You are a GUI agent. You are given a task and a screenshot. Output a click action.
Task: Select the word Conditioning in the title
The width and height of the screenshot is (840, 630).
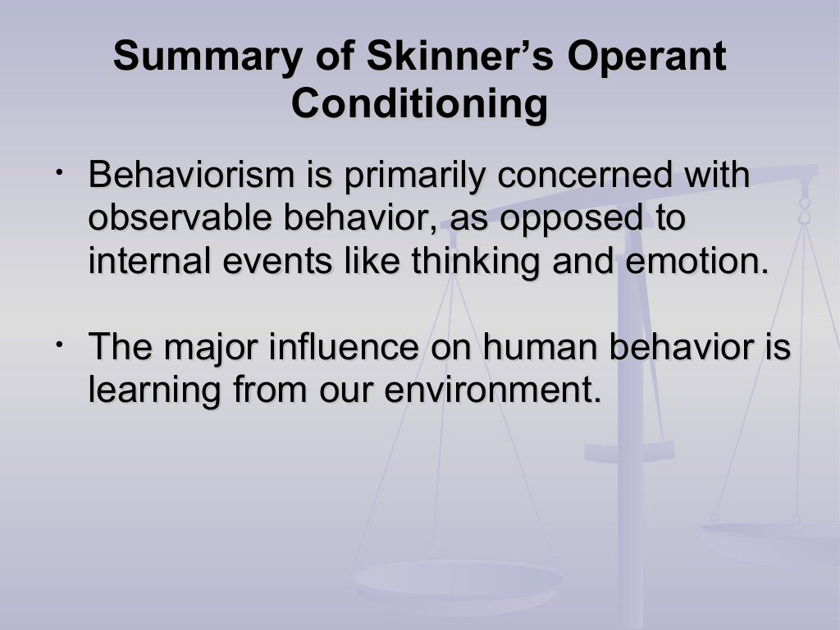pyautogui.click(x=419, y=104)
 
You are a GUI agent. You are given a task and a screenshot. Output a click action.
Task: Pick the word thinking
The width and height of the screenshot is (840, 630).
pyautogui.click(x=459, y=262)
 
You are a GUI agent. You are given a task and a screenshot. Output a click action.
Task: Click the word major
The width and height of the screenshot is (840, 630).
pyautogui.click(x=205, y=349)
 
